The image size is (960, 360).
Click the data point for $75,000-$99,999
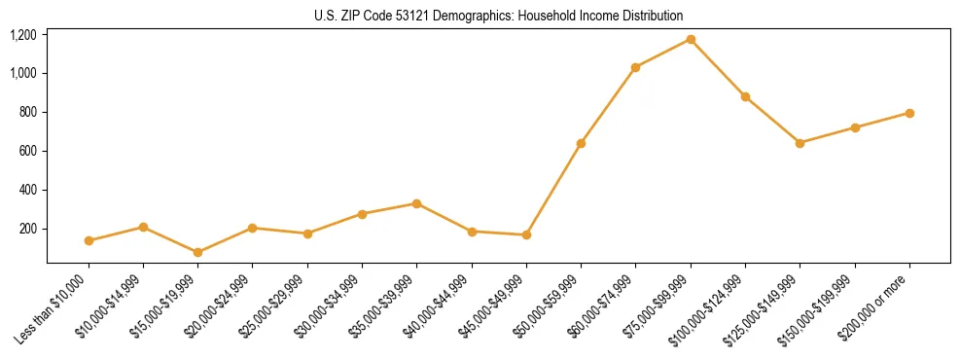pyautogui.click(x=691, y=39)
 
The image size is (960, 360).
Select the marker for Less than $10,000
pyautogui.click(x=89, y=240)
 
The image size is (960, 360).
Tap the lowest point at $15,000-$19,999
pyautogui.click(x=197, y=252)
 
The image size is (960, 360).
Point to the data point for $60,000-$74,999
pyautogui.click(x=635, y=67)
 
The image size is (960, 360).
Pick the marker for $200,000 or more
pyautogui.click(x=909, y=113)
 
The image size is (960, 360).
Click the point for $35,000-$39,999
pyautogui.click(x=416, y=203)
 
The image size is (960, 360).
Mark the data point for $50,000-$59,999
pyautogui.click(x=581, y=143)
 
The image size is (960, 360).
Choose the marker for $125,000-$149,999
pyautogui.click(x=800, y=143)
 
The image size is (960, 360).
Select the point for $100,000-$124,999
pyautogui.click(x=745, y=96)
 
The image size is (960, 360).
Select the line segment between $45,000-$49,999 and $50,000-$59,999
pyautogui.click(x=553, y=189)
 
